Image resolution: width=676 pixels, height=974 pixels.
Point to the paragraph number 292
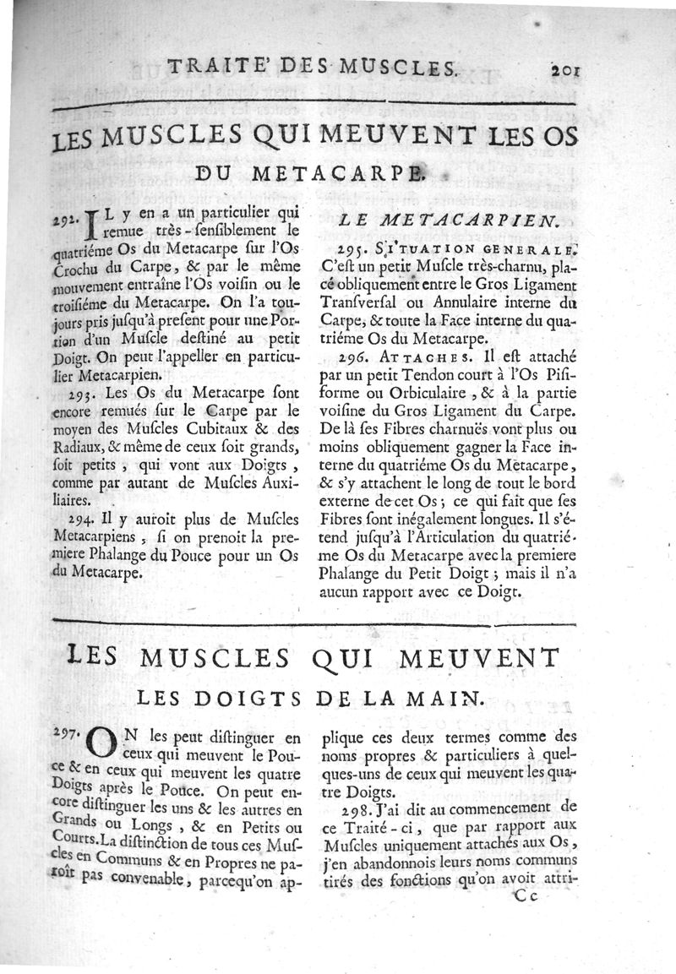coord(66,220)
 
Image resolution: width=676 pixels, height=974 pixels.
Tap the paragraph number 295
coord(351,249)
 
